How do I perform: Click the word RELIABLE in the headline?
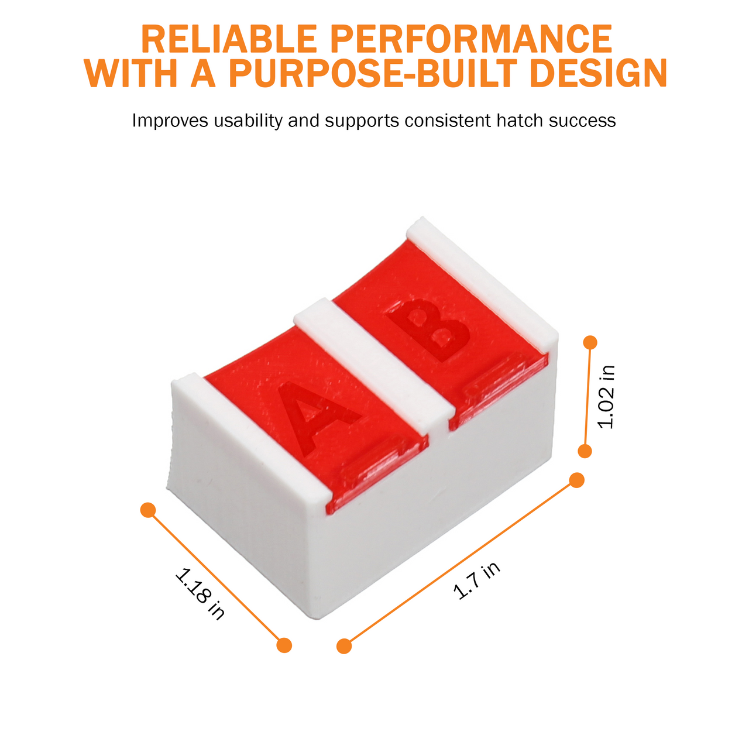coord(229,39)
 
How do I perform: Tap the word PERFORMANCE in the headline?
coord(471,39)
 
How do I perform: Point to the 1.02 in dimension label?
coord(607,397)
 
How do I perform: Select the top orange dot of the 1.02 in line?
coord(590,342)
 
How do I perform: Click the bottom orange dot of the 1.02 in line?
coord(585,451)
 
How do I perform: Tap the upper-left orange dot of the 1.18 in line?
coord(148,510)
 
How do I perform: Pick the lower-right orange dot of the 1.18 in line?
coord(284,645)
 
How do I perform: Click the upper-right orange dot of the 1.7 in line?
coord(577,480)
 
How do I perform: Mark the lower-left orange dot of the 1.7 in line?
coord(344,646)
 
